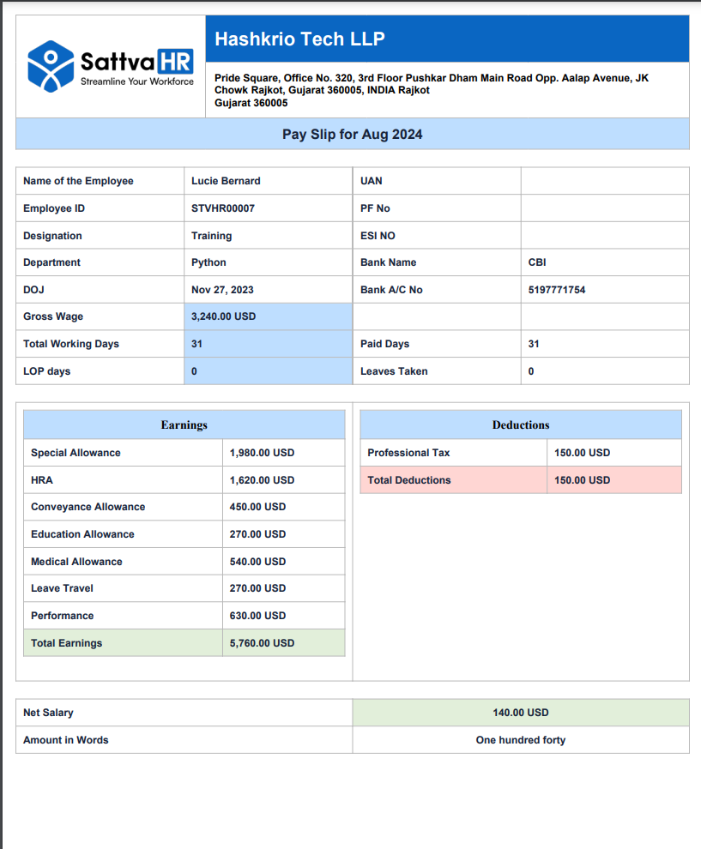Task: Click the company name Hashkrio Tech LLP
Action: [299, 39]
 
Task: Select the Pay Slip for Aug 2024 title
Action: [352, 135]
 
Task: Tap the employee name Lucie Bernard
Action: [226, 181]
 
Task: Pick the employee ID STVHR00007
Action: [223, 208]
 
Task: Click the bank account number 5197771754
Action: [557, 290]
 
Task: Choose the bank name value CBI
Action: [537, 262]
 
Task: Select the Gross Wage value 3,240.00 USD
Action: [223, 316]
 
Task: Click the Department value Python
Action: [208, 262]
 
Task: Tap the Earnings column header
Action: [184, 424]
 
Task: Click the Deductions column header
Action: [521, 424]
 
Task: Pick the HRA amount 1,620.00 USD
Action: [262, 480]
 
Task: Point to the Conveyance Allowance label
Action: [88, 507]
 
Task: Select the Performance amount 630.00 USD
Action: [257, 616]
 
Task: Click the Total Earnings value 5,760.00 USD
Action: [262, 643]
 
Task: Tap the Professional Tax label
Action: [408, 453]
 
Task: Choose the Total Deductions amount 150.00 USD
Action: [582, 480]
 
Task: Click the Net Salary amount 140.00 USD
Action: [520, 713]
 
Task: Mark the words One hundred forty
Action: [520, 740]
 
